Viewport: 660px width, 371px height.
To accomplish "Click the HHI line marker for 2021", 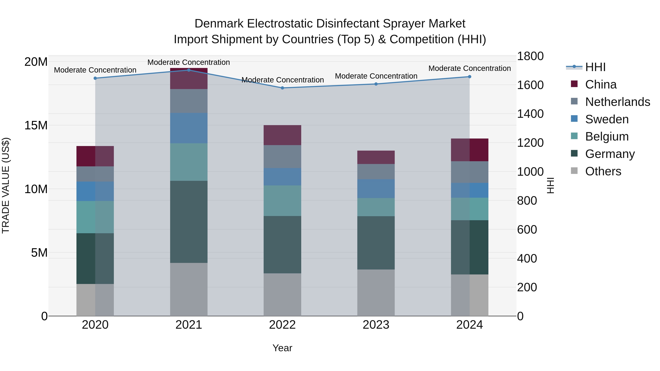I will [x=189, y=70].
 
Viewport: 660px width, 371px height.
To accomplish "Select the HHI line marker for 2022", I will [x=282, y=88].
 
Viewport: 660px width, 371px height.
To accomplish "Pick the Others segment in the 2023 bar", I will [x=376, y=293].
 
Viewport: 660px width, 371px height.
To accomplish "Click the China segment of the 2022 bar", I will [x=282, y=135].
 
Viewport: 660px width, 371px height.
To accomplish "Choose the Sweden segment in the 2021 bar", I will [x=189, y=128].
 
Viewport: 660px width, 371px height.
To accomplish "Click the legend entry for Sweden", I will [x=607, y=119].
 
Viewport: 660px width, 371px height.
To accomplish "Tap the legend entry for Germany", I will [x=610, y=154].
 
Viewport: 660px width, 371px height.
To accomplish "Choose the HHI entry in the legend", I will [x=595, y=67].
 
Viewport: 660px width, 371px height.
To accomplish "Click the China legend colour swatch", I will [x=574, y=84].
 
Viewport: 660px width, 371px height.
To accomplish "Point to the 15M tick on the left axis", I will [x=36, y=125].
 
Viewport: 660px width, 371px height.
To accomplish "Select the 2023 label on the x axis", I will [x=376, y=325].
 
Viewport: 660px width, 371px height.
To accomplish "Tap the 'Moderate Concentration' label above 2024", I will [x=469, y=68].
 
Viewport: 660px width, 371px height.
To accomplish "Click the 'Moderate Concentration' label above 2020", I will [x=95, y=70].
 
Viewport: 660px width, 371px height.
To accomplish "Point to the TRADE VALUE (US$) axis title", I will [x=6, y=185].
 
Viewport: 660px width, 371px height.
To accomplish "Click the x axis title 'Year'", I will [x=282, y=348].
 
